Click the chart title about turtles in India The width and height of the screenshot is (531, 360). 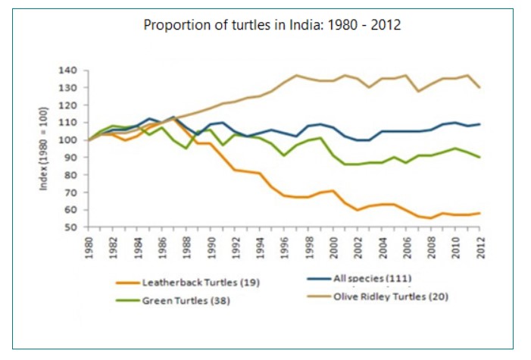point(272,24)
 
